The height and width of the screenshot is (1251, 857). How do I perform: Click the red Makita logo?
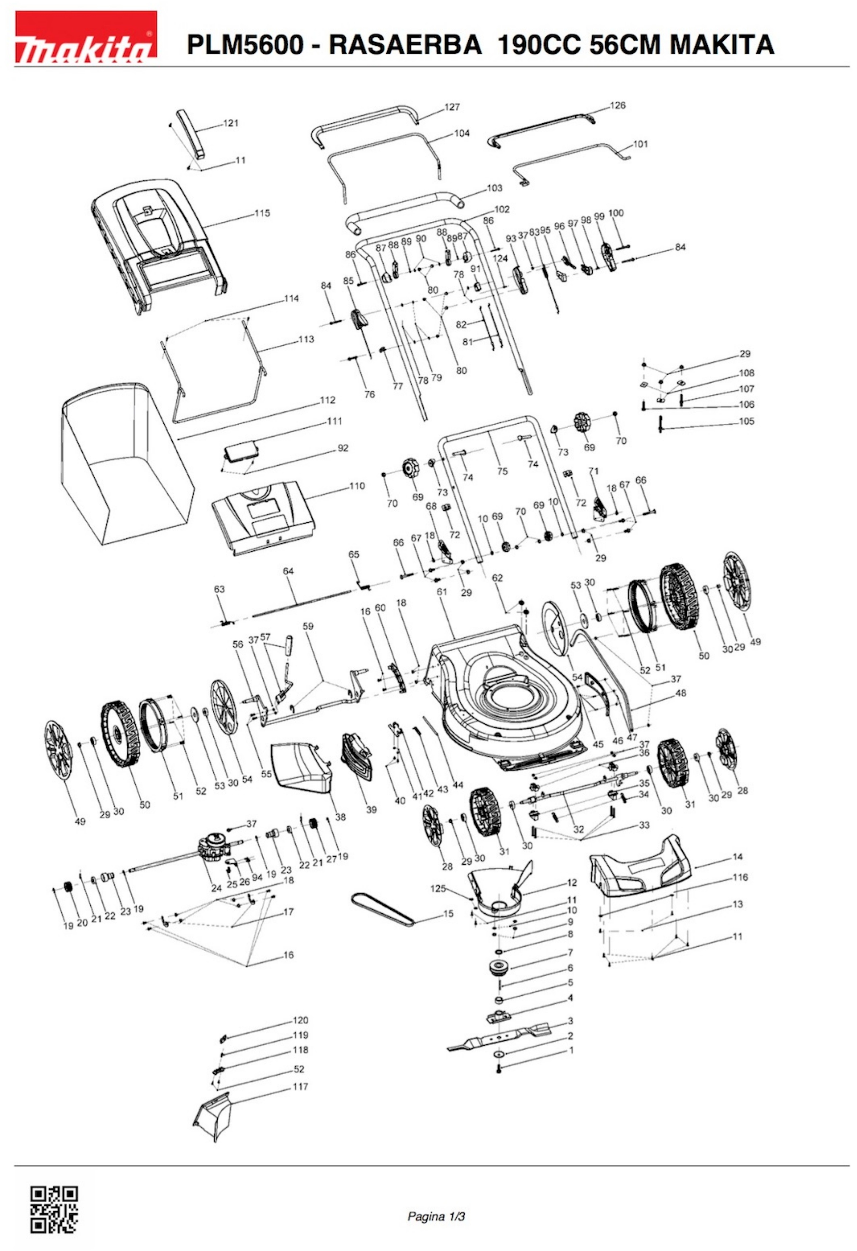coord(85,36)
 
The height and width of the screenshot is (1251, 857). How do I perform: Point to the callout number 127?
coord(452,107)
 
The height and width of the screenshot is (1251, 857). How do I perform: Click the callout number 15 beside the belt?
coord(448,914)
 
